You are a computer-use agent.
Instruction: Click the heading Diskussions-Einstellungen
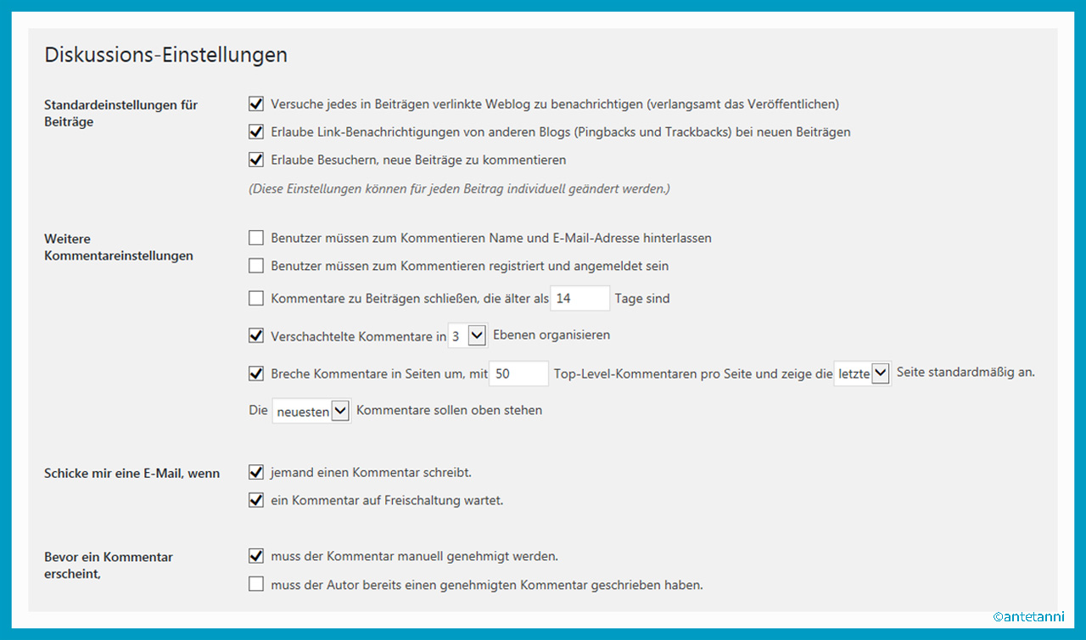click(165, 55)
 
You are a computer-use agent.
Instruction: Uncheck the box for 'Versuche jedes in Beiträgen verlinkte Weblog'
click(256, 104)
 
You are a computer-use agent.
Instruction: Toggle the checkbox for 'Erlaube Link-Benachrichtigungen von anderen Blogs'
click(256, 132)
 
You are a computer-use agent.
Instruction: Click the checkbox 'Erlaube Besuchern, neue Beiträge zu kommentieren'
click(256, 160)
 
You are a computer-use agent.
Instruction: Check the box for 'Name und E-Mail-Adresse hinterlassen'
click(256, 239)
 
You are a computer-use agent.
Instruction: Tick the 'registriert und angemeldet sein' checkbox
click(256, 267)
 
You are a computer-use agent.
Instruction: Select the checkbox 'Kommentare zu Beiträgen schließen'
click(256, 299)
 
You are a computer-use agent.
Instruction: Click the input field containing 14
click(580, 299)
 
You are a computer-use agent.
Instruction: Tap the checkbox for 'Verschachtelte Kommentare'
click(256, 336)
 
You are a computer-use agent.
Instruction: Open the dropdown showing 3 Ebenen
click(467, 336)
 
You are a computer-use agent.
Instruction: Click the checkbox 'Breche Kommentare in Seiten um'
click(256, 373)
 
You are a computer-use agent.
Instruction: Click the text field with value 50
click(518, 373)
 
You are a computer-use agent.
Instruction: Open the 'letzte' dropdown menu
click(862, 373)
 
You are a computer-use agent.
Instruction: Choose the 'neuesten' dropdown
click(311, 411)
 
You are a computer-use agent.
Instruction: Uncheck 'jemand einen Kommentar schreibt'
click(256, 473)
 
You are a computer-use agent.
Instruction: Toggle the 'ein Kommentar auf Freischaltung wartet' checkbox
click(256, 501)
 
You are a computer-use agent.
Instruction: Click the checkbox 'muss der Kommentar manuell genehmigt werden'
click(256, 557)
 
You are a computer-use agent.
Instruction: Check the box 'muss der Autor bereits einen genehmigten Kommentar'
click(256, 585)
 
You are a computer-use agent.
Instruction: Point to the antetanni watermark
click(1028, 617)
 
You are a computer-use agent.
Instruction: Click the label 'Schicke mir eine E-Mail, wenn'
click(132, 474)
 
